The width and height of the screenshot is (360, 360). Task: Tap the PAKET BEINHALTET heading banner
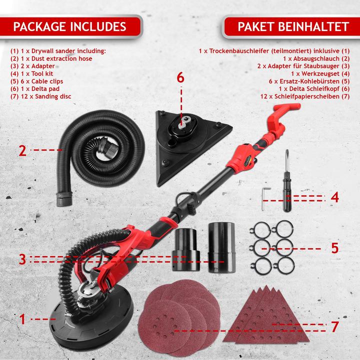[x=286, y=25]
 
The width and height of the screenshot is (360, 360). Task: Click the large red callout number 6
[x=180, y=78]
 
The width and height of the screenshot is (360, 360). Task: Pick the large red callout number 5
[x=334, y=247]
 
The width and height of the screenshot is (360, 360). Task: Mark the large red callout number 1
[x=21, y=318]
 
